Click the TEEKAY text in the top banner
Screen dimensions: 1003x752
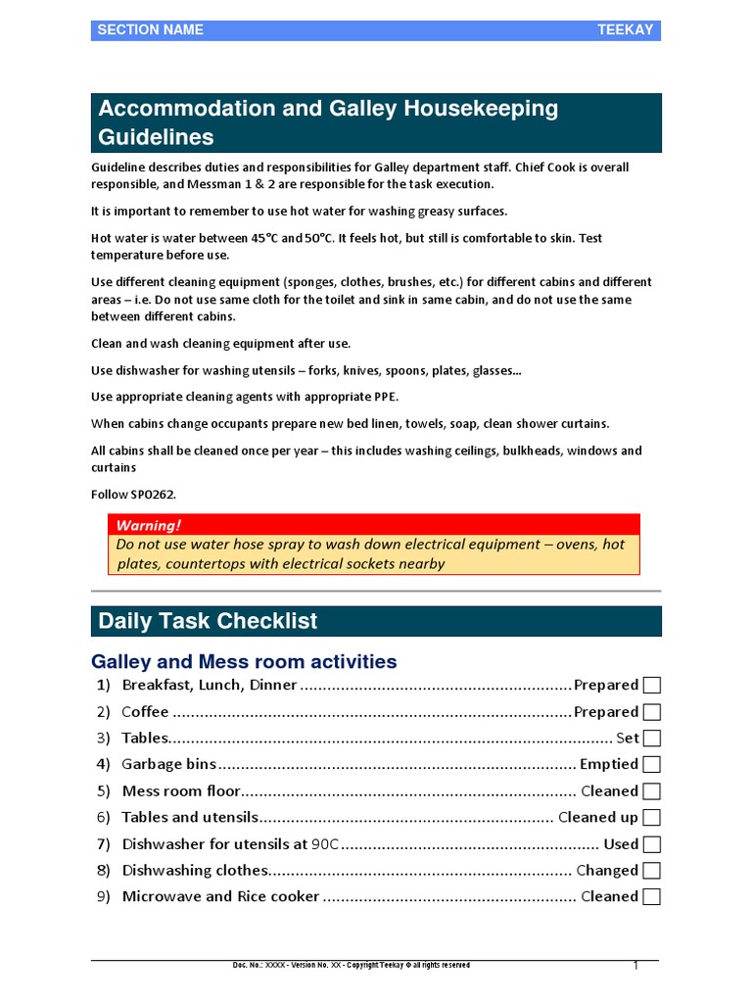click(625, 30)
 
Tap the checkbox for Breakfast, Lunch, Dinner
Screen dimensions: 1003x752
click(652, 686)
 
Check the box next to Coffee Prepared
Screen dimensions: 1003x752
click(652, 712)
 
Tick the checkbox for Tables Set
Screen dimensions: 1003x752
click(652, 739)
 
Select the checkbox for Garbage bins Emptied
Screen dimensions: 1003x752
click(652, 765)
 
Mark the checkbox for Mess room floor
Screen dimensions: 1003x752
click(652, 791)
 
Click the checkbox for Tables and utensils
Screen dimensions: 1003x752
click(652, 818)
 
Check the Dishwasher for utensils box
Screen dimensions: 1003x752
click(652, 844)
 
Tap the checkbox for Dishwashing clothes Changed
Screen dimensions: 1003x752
click(652, 871)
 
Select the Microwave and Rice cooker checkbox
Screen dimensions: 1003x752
click(652, 897)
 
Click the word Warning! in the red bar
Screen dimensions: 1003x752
click(148, 525)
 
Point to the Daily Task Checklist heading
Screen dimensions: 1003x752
click(208, 621)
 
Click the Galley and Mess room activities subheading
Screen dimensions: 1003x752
click(244, 662)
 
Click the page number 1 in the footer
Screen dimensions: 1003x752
click(635, 966)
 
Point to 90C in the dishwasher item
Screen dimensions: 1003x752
click(325, 844)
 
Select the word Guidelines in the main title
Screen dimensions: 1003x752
click(156, 136)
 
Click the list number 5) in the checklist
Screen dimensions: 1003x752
click(104, 791)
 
